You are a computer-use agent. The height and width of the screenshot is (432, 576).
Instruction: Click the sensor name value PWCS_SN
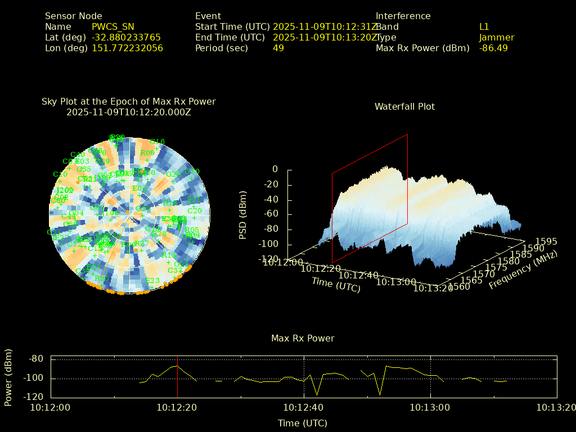[x=112, y=26]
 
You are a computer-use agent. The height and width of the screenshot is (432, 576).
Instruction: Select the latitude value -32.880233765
[x=126, y=37]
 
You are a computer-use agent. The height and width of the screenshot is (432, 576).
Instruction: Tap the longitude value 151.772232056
[x=127, y=48]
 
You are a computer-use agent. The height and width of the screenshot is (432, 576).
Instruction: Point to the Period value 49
[x=278, y=48]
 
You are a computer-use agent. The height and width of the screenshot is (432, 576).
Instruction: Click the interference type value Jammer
[x=497, y=37]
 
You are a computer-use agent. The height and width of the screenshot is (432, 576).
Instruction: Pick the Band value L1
[x=484, y=26]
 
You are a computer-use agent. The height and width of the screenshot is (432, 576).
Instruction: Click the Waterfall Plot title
[x=404, y=106]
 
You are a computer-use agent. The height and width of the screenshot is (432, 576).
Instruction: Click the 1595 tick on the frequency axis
[x=546, y=241]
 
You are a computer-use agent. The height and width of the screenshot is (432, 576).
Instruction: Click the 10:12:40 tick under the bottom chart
[x=304, y=407]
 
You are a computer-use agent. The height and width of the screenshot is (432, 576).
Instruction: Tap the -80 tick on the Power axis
[x=36, y=358]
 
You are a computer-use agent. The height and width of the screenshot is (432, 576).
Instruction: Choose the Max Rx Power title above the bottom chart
[x=303, y=338]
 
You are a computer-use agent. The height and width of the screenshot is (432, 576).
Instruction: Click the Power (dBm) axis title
[x=8, y=377]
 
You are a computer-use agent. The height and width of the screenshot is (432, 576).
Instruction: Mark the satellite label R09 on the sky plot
[x=147, y=152]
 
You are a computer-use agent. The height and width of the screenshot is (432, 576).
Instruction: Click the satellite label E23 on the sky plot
[x=152, y=280]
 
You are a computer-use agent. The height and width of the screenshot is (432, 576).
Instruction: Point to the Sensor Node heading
[x=74, y=16]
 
